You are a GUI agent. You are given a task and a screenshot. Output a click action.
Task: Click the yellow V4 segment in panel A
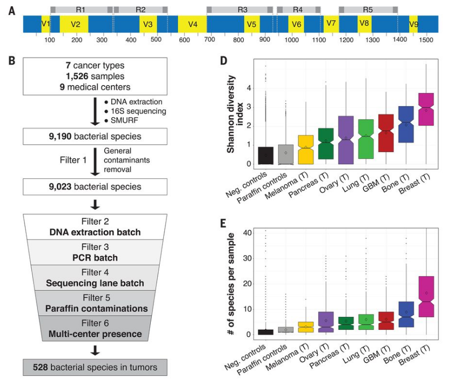pyautogui.click(x=193, y=25)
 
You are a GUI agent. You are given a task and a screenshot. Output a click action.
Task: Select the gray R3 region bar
pyautogui.click(x=240, y=10)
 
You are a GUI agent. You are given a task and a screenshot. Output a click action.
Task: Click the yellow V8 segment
pyautogui.click(x=365, y=24)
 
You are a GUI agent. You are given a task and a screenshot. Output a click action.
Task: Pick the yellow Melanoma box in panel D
pyautogui.click(x=305, y=150)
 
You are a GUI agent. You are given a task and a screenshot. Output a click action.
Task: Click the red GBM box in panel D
pyautogui.click(x=386, y=133)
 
